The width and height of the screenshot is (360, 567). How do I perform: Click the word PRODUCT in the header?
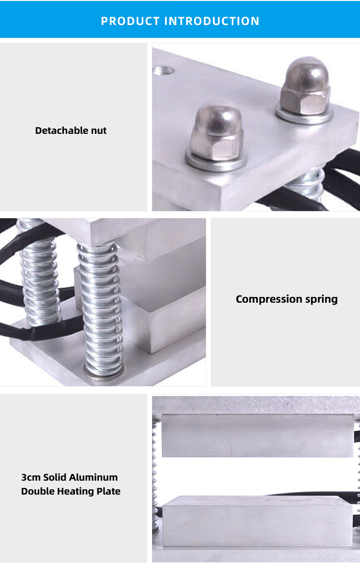(x=130, y=21)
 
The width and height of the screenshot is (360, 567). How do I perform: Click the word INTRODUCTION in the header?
(x=212, y=21)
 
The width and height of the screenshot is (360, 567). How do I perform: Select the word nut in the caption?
(x=99, y=131)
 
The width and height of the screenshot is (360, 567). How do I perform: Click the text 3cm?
(x=31, y=477)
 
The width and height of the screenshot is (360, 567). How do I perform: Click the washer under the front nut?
(x=216, y=161)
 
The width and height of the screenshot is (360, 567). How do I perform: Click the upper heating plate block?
(x=258, y=436)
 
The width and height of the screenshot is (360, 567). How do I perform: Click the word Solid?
(x=56, y=477)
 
